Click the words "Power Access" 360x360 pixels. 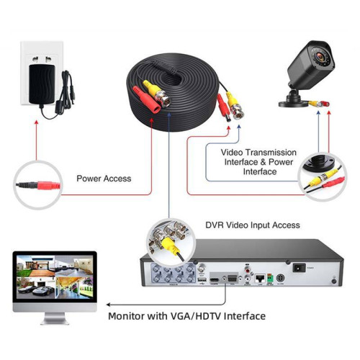pos(104,179)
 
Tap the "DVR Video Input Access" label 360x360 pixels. pos(253,225)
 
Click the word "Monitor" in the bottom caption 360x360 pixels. pos(126,316)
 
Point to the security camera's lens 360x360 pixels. pos(320,57)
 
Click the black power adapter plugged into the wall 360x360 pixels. pos(42,84)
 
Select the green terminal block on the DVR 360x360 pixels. pos(270,279)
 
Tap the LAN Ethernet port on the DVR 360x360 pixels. pos(260,279)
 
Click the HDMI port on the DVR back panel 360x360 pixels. pos(215,280)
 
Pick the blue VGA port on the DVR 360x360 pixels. pos(232,279)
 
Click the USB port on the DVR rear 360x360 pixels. pos(202,280)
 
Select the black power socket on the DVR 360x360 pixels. pos(299,268)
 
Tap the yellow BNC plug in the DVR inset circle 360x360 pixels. pos(170,246)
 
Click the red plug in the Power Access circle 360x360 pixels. pos(48,185)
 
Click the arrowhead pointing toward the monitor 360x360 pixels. pos(109,305)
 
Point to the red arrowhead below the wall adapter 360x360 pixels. pos(37,122)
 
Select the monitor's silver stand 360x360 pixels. pos(55,319)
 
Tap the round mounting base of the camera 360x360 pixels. pos(293,103)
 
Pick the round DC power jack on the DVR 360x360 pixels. pos(280,279)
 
